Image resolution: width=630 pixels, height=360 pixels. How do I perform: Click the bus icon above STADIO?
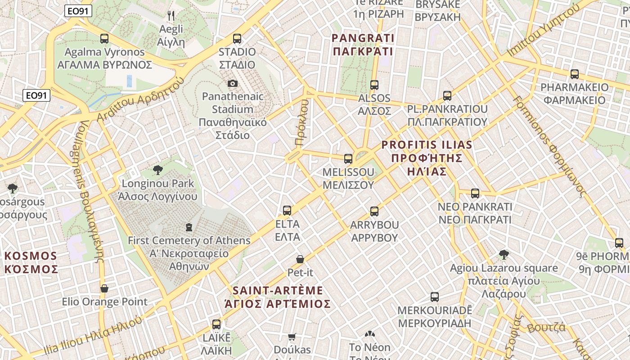[237, 39]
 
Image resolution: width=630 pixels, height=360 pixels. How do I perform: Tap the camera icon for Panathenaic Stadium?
[233, 83]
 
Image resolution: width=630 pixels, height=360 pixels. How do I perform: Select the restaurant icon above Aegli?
[171, 16]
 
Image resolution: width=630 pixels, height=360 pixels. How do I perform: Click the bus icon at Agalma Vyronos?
[104, 39]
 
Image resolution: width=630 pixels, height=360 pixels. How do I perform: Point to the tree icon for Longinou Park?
[157, 170]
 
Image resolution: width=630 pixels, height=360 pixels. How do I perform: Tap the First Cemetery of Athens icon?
[189, 227]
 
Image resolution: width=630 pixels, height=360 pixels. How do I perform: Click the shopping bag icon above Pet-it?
[300, 259]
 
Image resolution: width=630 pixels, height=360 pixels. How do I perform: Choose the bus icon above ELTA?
[287, 211]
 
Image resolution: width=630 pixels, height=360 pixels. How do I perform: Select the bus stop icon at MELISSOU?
[348, 159]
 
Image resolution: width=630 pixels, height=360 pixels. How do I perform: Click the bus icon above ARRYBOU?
[374, 211]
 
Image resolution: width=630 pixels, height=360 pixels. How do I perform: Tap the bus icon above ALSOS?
[374, 85]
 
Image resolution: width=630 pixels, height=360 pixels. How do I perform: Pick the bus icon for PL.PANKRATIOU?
[447, 96]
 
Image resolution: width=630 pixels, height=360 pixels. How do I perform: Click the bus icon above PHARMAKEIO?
[575, 74]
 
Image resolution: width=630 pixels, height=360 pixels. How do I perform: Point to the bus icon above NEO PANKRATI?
[475, 193]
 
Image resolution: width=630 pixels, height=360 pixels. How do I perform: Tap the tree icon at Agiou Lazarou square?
[504, 255]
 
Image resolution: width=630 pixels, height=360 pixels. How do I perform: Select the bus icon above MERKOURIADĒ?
[435, 297]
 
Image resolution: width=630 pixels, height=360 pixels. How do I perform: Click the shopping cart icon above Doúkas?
[292, 337]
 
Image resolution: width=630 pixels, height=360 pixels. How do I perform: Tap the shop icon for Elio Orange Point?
[104, 288]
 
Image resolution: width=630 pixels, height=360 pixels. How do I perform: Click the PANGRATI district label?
[363, 45]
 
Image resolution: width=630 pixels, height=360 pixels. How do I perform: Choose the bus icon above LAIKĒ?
[216, 324]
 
